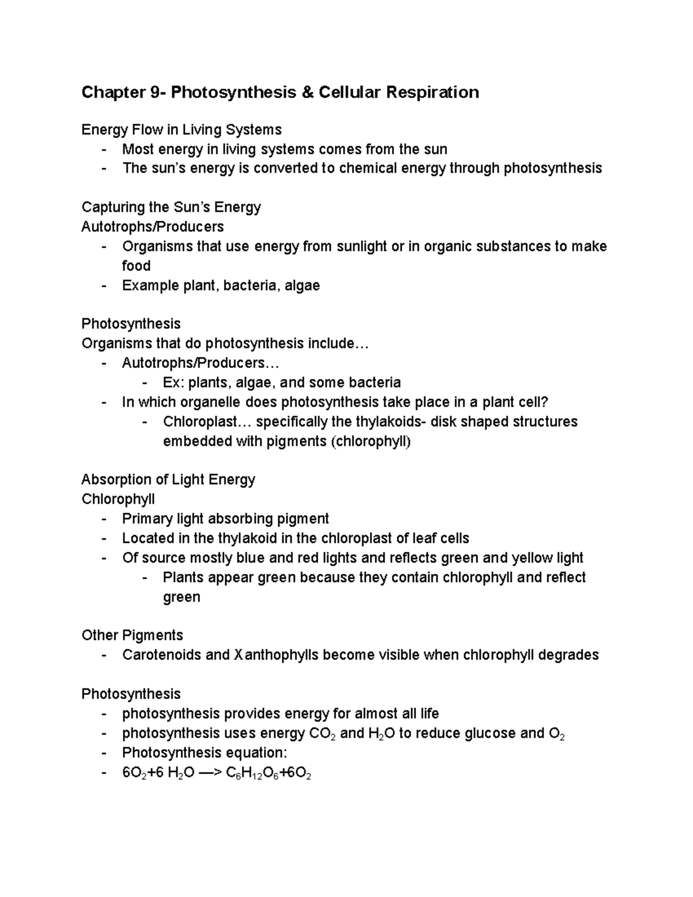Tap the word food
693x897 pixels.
(136, 266)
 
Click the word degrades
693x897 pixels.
(569, 655)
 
